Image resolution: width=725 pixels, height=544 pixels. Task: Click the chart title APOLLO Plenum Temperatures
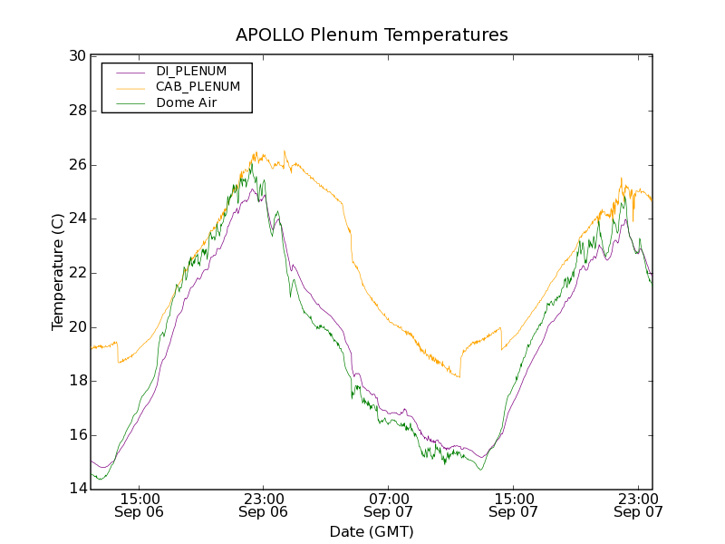click(x=372, y=35)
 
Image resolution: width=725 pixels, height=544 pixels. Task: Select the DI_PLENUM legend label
click(x=191, y=71)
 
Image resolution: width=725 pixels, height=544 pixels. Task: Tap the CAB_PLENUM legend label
click(x=198, y=87)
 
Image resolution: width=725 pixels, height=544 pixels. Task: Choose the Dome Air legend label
click(x=187, y=103)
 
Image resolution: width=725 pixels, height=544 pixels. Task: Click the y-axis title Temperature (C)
click(x=58, y=272)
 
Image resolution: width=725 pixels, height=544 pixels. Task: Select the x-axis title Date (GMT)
click(x=372, y=531)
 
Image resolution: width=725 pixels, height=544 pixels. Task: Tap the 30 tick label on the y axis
click(x=77, y=56)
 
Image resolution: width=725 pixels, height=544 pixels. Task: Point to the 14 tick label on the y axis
click(x=77, y=490)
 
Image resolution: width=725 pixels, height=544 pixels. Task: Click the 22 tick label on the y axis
click(x=77, y=273)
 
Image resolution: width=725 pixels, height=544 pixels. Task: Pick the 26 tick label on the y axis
click(x=77, y=165)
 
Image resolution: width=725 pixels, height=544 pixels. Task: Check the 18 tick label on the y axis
click(x=77, y=381)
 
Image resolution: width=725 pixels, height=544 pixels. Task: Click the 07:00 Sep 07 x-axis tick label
click(x=388, y=505)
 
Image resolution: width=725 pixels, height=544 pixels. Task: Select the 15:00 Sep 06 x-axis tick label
click(x=140, y=505)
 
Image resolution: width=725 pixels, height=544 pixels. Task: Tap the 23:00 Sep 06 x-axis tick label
click(x=264, y=505)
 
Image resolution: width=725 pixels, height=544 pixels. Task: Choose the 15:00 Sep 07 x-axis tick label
click(x=513, y=505)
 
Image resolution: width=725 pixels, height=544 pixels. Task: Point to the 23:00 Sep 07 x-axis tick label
click(x=638, y=505)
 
